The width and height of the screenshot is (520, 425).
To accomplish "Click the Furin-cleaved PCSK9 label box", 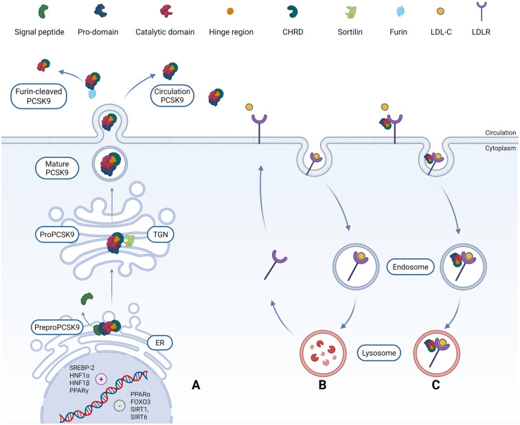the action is coord(38,96).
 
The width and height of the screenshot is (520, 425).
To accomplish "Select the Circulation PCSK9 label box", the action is coord(172,96).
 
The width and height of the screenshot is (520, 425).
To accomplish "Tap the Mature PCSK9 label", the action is coord(57,168).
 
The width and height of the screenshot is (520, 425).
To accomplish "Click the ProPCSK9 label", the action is coord(57,234).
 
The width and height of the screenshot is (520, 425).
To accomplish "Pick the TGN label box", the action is coord(161,234).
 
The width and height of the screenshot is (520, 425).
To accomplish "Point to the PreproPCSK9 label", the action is coord(57,328).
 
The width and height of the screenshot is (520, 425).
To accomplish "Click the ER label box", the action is coord(160,343).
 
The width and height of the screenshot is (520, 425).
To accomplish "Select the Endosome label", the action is coord(411,267).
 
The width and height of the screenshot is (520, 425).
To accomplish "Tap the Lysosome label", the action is coord(379,353).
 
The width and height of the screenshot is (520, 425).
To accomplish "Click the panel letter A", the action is coord(196,385).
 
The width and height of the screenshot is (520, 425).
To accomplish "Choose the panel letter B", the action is coord(322,385).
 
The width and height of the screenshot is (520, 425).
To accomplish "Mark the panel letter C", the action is coord(436,385).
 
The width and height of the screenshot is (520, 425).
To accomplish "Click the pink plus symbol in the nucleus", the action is coord(102,379).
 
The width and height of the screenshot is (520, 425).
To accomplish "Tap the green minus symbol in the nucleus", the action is coord(120,406).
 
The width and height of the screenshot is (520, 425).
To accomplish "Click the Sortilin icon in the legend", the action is coord(350,12).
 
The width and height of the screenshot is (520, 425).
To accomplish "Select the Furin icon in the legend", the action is coord(401,12).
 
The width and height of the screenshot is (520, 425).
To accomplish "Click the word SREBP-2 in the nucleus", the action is coord(82,367).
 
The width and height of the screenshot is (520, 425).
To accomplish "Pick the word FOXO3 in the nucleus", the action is coord(140,402).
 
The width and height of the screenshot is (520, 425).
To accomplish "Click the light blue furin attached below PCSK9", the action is coord(93,94).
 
